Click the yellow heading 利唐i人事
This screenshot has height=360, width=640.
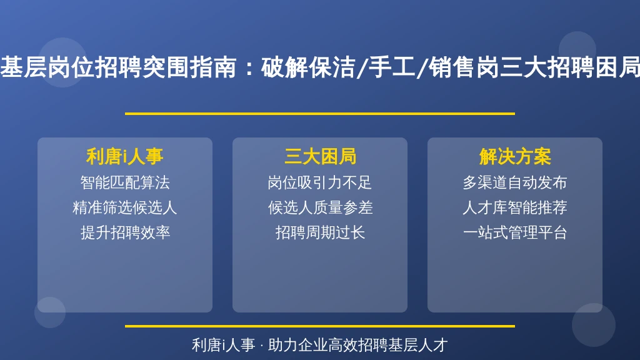tap(125, 156)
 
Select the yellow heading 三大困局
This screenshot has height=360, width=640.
tap(320, 156)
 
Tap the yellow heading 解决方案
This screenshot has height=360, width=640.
tap(515, 156)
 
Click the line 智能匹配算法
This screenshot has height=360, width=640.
tap(125, 182)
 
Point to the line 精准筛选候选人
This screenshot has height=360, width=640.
tap(125, 207)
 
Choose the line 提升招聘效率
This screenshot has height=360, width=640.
tap(125, 232)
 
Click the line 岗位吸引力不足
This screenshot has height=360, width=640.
tap(320, 182)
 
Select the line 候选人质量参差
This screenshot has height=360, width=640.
tap(320, 207)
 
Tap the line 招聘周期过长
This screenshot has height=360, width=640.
tap(320, 232)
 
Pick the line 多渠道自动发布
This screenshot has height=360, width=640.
tap(515, 182)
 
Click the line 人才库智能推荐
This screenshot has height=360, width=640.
tap(515, 207)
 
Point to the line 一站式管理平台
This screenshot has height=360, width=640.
tap(515, 232)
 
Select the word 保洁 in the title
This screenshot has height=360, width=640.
tap(332, 67)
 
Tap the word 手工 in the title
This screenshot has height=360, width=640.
tap(391, 67)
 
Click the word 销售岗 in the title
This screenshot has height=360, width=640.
tap(463, 67)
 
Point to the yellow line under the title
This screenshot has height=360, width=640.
tap(320, 114)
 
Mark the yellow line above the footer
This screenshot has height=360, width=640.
tap(320, 326)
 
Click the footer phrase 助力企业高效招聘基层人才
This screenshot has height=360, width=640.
tap(358, 345)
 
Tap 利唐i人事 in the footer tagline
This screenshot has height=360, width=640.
tap(223, 345)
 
